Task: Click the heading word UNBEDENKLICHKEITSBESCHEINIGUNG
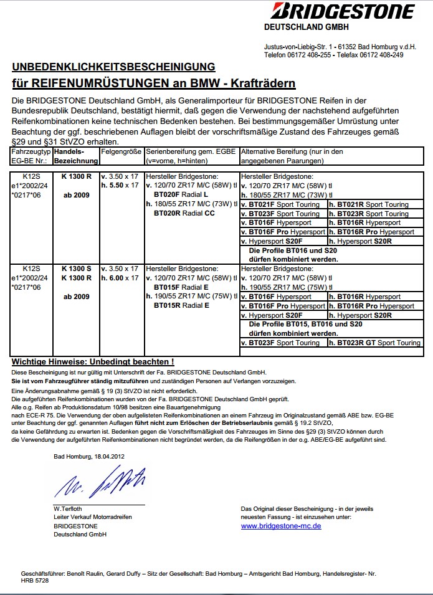(x=113, y=67)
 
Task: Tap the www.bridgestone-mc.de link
(x=281, y=526)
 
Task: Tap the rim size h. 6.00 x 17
(x=120, y=278)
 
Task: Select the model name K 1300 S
(x=76, y=269)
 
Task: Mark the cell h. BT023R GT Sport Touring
(x=375, y=343)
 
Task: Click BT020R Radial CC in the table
(x=184, y=213)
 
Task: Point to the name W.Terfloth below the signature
(x=69, y=508)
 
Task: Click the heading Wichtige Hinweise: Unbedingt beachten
(x=93, y=361)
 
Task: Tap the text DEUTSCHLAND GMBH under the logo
(x=307, y=27)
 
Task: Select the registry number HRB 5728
(x=35, y=580)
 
